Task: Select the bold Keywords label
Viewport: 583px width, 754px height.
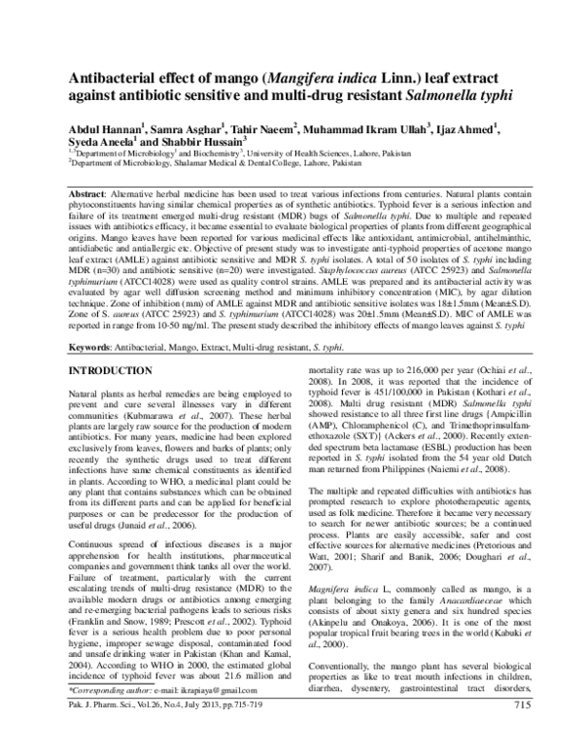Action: tap(93, 318)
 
